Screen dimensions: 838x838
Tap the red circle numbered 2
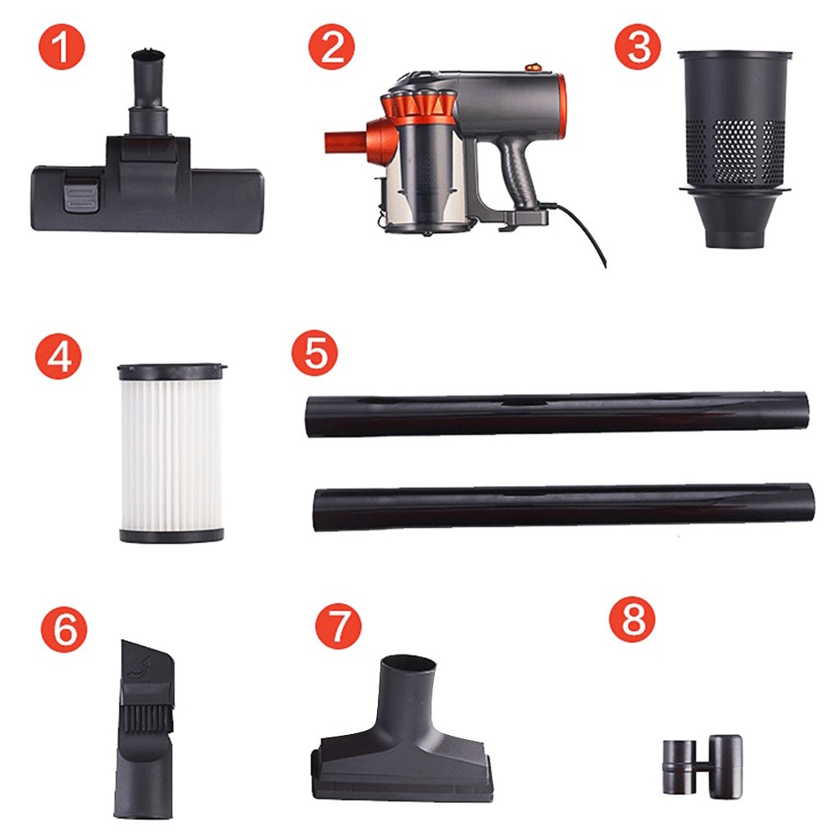[331, 49]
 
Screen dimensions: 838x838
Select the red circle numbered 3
[638, 49]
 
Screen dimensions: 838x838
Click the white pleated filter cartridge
[171, 453]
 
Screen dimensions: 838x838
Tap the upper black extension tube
[557, 414]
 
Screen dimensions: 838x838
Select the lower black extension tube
[561, 507]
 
